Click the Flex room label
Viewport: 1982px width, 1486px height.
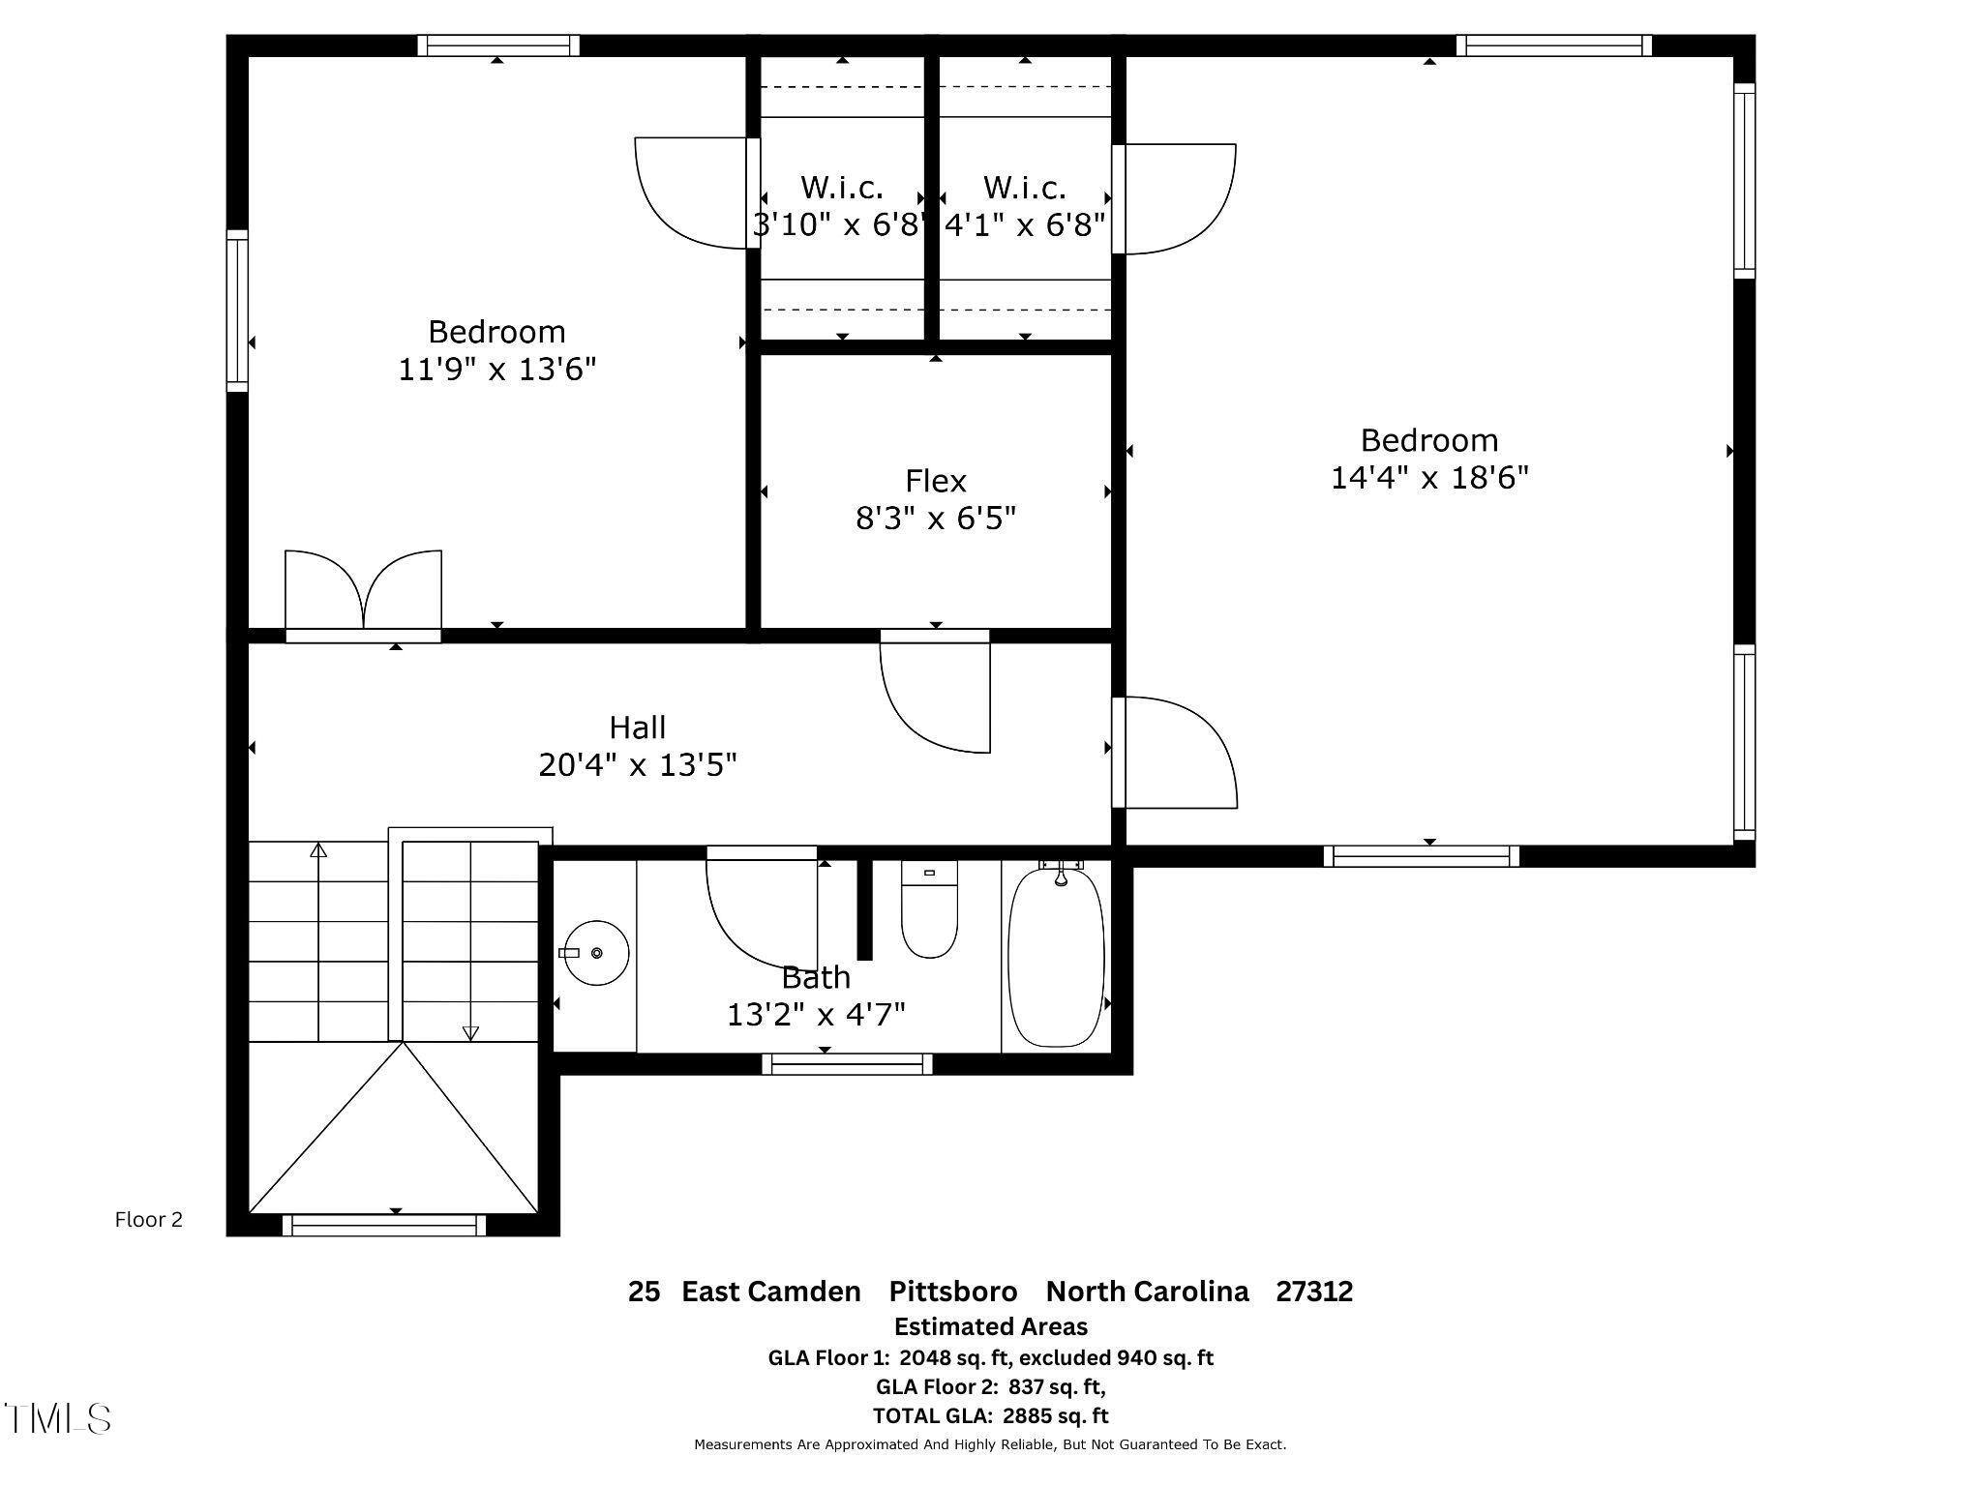click(x=935, y=481)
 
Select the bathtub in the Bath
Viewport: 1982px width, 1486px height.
click(x=1056, y=957)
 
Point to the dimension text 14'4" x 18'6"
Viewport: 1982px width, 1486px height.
click(x=1428, y=478)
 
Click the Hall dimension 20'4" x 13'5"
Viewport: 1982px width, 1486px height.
click(x=637, y=765)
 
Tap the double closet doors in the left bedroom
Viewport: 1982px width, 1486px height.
click(x=363, y=591)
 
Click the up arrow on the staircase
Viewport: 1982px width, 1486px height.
click(x=318, y=850)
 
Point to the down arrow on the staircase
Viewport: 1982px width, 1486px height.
click(x=470, y=1032)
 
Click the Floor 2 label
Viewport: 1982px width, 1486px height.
click(x=148, y=1220)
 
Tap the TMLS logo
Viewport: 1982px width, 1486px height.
click(x=58, y=1419)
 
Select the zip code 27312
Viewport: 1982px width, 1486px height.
click(x=1313, y=1292)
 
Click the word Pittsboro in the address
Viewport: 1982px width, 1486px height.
click(x=952, y=1292)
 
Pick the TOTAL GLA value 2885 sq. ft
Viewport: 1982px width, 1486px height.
click(x=1055, y=1415)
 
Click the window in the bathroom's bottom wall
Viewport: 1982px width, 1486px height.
click(x=847, y=1064)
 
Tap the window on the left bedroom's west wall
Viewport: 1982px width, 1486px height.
click(x=237, y=311)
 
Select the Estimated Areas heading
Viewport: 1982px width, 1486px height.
click(x=990, y=1326)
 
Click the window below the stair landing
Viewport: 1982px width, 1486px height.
click(x=384, y=1226)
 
